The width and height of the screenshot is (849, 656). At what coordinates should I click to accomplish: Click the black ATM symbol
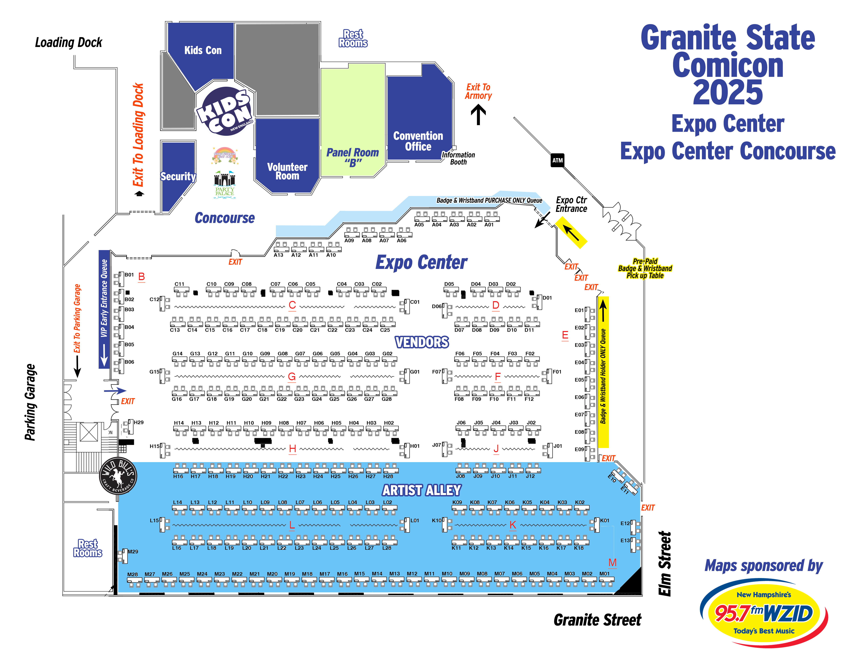(557, 160)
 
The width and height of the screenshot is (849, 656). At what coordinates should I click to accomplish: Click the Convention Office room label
(418, 141)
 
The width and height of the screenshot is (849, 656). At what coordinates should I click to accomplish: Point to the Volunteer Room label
(287, 171)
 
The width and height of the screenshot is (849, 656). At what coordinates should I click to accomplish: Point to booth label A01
(489, 225)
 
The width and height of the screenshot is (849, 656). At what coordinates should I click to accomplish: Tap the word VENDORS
(422, 342)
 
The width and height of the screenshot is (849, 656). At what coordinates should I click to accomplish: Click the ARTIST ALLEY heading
(422, 490)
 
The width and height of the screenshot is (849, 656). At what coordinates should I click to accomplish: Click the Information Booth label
(458, 158)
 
